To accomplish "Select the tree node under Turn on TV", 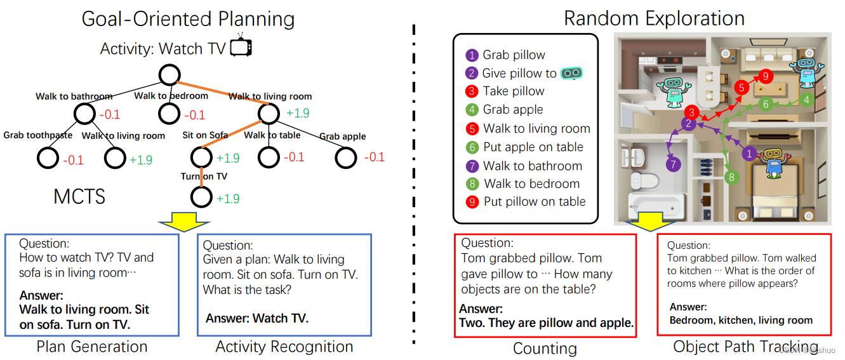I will [x=202, y=197].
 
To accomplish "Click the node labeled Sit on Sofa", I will [x=202, y=157].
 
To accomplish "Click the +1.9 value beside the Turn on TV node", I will [x=228, y=199].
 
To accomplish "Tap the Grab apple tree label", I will [x=343, y=136].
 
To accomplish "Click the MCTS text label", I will [x=79, y=197].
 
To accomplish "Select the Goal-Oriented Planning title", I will [x=188, y=19].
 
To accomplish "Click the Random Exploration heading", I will [x=654, y=18].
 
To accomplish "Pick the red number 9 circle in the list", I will [x=471, y=202].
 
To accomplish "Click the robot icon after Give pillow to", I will [x=573, y=73].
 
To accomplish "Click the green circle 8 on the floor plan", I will [x=731, y=177].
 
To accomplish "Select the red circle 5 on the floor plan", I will [x=740, y=88].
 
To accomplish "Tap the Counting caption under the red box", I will [x=545, y=349].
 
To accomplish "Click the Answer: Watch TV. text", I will [x=257, y=318].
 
